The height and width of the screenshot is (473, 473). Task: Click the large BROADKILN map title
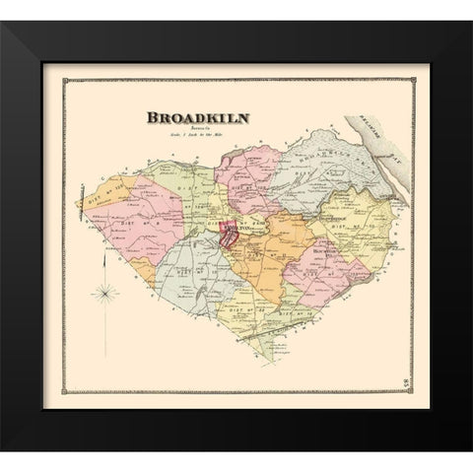pos(196,117)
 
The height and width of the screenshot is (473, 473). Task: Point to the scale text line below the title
pos(197,137)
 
